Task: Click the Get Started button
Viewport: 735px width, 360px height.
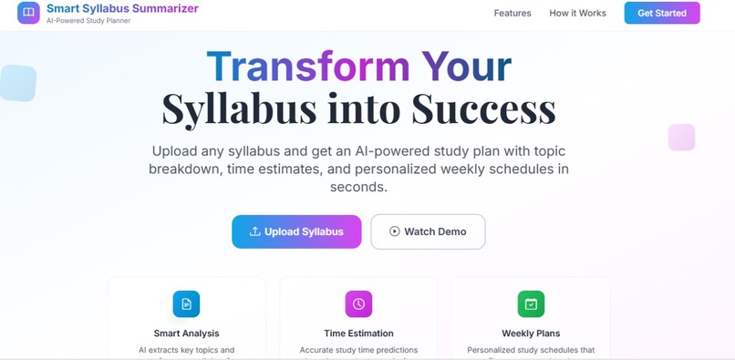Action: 662,13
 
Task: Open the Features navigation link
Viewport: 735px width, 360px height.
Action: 512,14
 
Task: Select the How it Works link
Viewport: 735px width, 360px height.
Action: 577,14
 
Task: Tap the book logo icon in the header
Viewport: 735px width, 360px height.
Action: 28,13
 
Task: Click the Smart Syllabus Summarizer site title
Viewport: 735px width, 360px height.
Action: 122,8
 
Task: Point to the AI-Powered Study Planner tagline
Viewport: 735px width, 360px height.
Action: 88,21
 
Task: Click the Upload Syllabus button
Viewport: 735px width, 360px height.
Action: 296,231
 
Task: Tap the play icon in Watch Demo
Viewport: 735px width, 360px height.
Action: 395,231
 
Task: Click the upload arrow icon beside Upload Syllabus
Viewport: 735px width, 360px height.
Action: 255,231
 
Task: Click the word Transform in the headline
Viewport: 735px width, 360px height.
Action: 307,67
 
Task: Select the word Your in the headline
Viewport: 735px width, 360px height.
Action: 466,67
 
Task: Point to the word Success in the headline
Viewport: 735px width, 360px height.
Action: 483,108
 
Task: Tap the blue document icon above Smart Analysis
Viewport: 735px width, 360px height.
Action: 186,303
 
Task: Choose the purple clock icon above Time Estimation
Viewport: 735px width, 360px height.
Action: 358,303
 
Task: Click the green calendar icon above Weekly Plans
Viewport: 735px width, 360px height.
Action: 531,303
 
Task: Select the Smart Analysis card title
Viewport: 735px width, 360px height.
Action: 186,334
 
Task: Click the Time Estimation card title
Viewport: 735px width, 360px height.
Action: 358,334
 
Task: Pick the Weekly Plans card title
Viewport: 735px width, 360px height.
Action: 531,334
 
